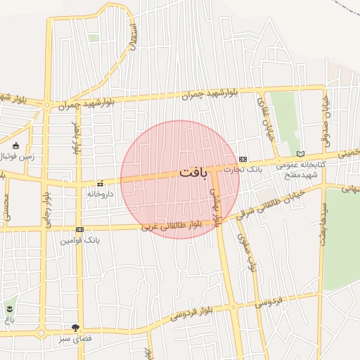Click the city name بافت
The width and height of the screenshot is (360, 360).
point(193,172)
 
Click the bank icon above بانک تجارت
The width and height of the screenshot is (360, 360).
point(243,159)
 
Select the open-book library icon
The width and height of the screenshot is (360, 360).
point(301,153)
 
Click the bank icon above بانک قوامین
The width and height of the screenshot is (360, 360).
point(79,229)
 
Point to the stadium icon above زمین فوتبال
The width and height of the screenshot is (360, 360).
point(16,145)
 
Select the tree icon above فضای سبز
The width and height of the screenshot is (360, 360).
point(76,327)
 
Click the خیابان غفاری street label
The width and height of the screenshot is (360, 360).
point(265,127)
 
